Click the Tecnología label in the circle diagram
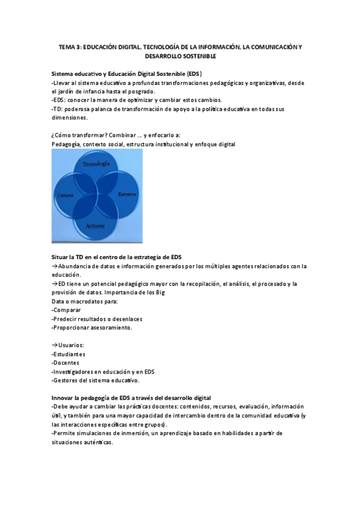coord(96,165)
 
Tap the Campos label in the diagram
coord(66,195)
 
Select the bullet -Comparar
coord(66,310)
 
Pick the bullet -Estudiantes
coord(68,354)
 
